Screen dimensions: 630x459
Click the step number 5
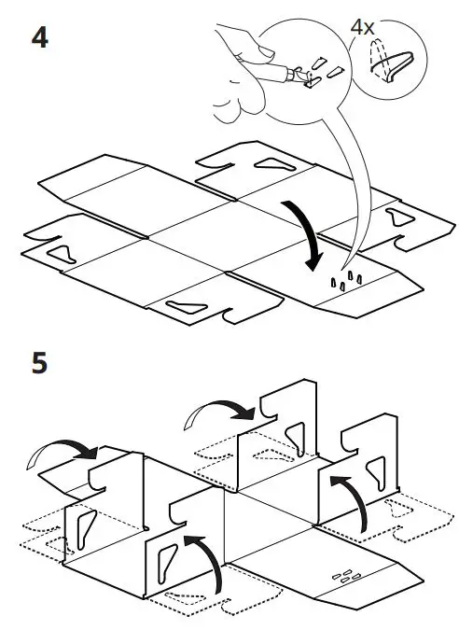point(38,362)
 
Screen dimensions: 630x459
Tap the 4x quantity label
point(362,27)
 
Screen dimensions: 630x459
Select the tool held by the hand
point(297,77)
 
